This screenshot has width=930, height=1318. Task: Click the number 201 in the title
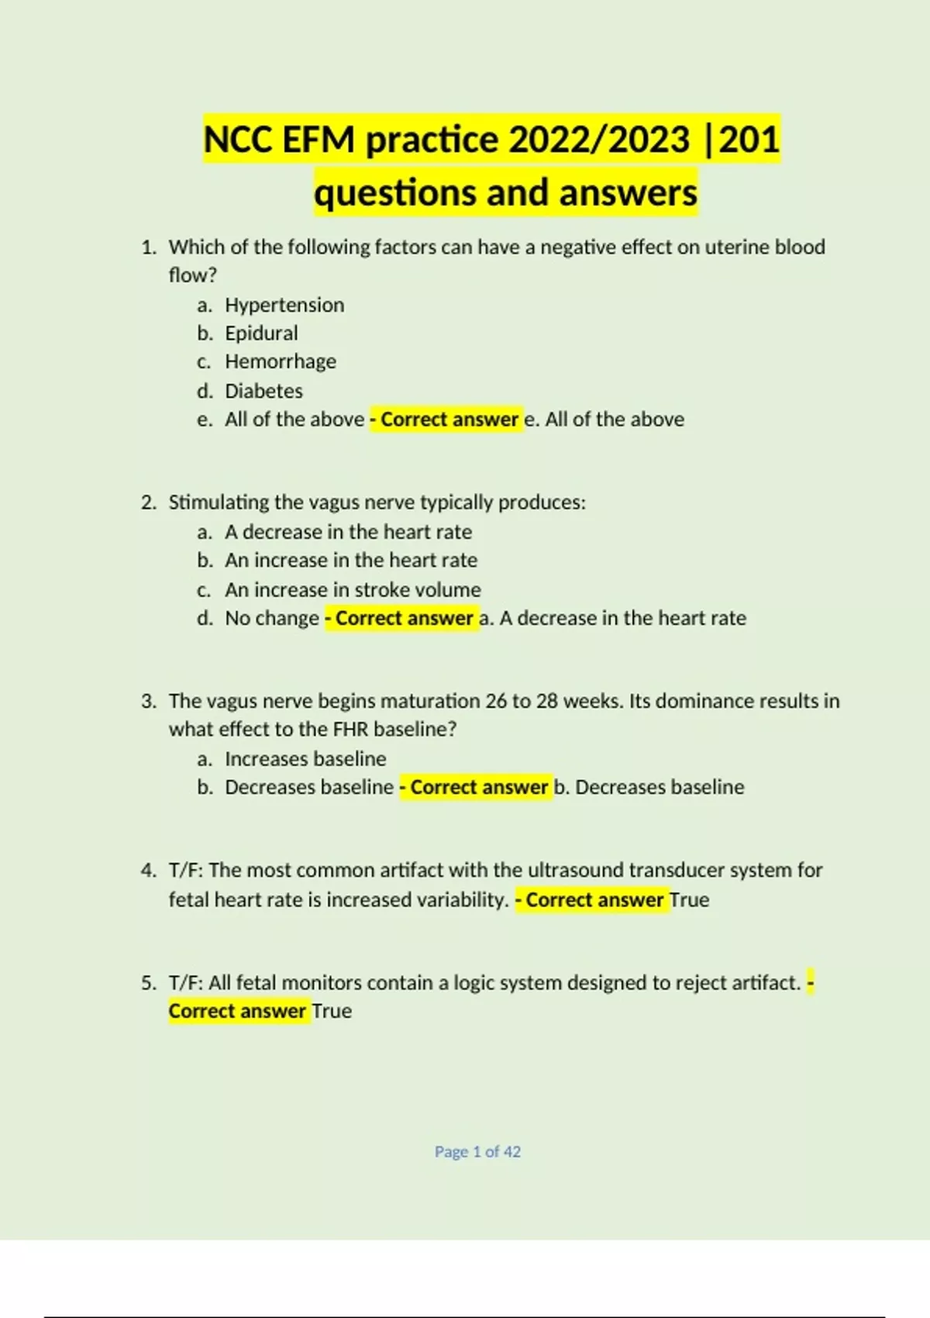click(749, 140)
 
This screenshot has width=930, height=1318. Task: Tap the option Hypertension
click(284, 305)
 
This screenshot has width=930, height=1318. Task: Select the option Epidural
click(261, 333)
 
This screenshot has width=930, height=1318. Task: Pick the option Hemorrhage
click(281, 362)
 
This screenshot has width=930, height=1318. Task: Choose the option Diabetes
click(263, 391)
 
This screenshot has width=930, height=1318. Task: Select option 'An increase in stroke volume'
click(353, 590)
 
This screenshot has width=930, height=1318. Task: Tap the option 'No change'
click(271, 619)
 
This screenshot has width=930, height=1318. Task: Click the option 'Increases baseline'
click(305, 759)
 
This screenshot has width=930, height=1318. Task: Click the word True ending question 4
click(689, 900)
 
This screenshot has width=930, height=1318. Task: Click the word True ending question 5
click(332, 1012)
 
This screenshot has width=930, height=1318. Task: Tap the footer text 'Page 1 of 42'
click(477, 1152)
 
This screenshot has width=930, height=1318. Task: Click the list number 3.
click(148, 702)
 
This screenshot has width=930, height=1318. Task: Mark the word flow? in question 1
click(192, 276)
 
